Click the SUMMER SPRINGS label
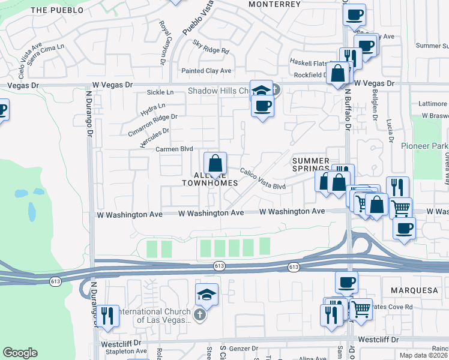pyautogui.click(x=310, y=165)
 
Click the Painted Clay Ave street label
pyautogui.click(x=206, y=71)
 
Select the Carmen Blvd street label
pyautogui.click(x=174, y=149)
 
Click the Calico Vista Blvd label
pyautogui.click(x=262, y=179)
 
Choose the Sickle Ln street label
pyautogui.click(x=160, y=92)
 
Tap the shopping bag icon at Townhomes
pyautogui.click(x=215, y=164)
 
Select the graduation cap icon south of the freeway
pyautogui.click(x=206, y=294)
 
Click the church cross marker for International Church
pyautogui.click(x=200, y=314)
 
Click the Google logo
pyautogui.click(x=20, y=353)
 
